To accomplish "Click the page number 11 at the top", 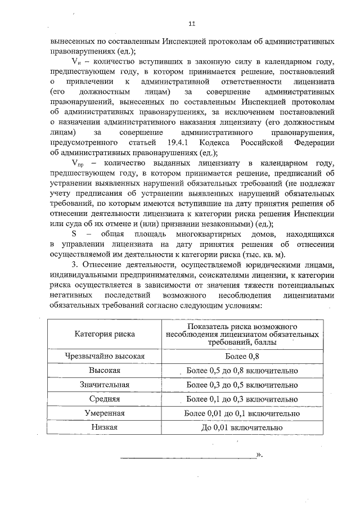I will pyautogui.click(x=192, y=24).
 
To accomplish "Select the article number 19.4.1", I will pyautogui.click(x=180, y=143).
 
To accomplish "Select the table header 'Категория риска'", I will pyautogui.click(x=104, y=334).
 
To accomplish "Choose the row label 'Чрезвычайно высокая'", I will pyautogui.click(x=105, y=356).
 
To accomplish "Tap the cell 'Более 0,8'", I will pyautogui.click(x=242, y=356).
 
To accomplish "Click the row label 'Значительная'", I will pyautogui.click(x=105, y=385).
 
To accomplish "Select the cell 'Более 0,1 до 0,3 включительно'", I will pyautogui.click(x=242, y=399).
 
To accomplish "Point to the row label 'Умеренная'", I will pyautogui.click(x=105, y=413).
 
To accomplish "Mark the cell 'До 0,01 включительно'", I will pyautogui.click(x=242, y=427).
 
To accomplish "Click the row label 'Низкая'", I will pyautogui.click(x=105, y=427).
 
